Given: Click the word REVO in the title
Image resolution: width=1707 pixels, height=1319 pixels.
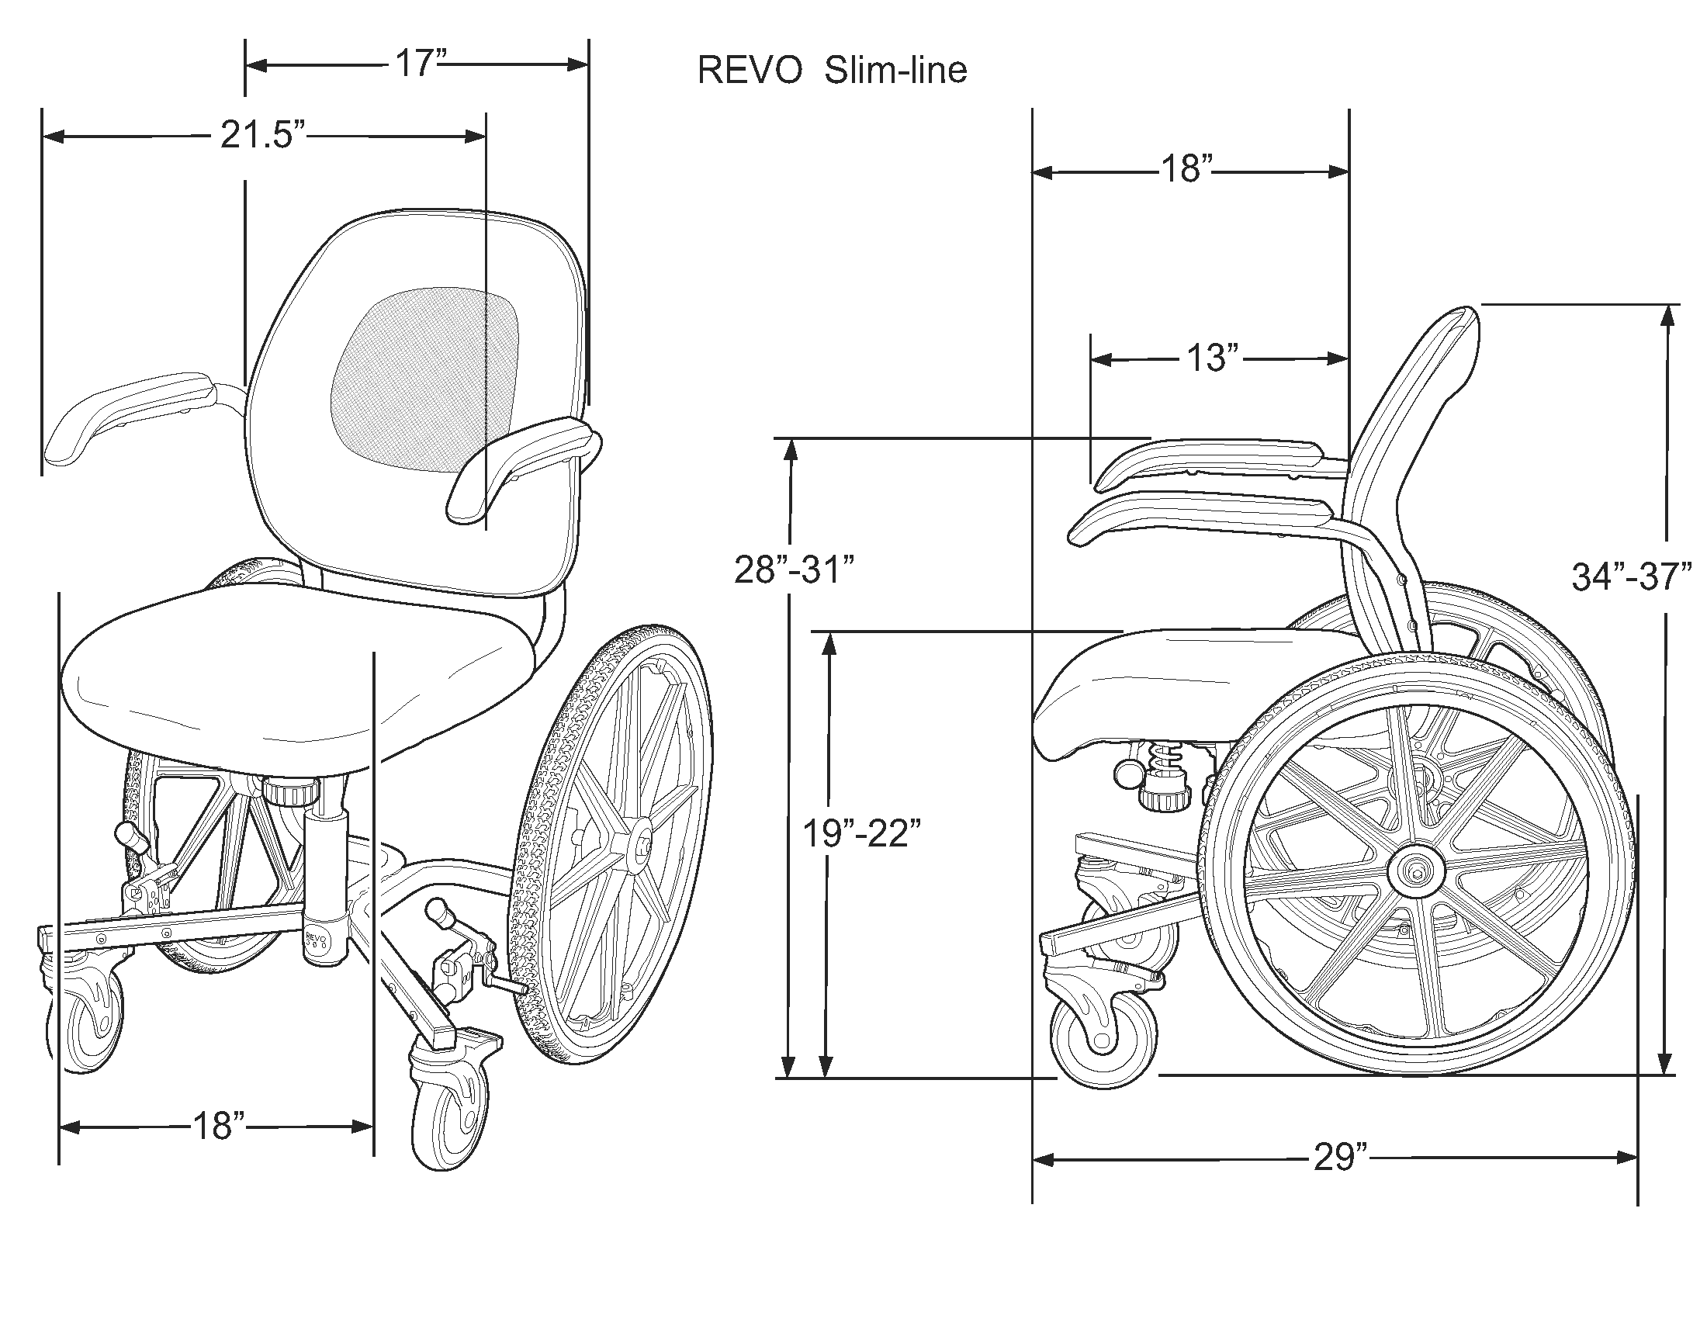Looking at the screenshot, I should (749, 71).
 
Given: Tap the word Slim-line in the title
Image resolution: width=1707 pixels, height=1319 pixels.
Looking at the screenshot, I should (895, 71).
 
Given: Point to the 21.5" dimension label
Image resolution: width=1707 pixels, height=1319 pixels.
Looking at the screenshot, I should (261, 135).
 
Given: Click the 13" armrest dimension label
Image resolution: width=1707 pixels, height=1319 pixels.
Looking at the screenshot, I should (1212, 358).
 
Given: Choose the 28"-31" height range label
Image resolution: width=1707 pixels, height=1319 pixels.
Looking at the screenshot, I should (793, 569).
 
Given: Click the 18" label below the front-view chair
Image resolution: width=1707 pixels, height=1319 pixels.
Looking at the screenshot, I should (218, 1126).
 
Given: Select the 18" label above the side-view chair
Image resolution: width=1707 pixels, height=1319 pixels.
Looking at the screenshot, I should (1185, 169).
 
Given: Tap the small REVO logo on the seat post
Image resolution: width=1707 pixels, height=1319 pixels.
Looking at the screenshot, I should (316, 938).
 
